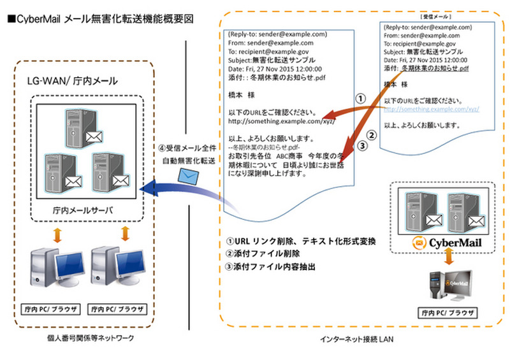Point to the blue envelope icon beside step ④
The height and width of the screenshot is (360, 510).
(x=190, y=176)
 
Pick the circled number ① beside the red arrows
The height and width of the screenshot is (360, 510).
(x=360, y=99)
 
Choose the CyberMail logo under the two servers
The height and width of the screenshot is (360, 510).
(x=447, y=243)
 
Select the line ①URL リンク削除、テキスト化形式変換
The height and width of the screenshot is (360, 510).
(x=301, y=241)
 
